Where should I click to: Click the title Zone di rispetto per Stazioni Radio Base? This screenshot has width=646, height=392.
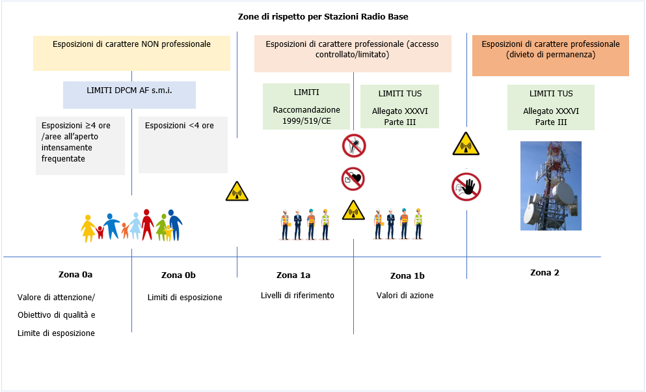(x=323, y=16)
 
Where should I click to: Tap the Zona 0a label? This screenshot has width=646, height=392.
(x=75, y=274)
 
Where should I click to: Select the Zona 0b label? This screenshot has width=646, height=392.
(x=178, y=275)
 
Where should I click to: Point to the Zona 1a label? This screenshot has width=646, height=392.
(x=293, y=275)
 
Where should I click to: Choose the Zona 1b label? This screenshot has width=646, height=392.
(x=407, y=275)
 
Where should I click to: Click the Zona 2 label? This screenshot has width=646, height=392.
(x=545, y=272)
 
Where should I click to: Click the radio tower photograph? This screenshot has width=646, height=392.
(x=551, y=186)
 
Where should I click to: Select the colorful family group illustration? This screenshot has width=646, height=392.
(x=132, y=225)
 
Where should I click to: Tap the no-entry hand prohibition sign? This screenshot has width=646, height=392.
(x=466, y=187)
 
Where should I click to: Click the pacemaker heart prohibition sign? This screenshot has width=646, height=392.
(x=353, y=178)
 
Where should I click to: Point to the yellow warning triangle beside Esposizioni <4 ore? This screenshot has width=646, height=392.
(x=237, y=191)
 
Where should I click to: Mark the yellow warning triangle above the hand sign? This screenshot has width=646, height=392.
(x=466, y=144)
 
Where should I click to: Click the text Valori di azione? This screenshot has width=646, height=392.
(x=405, y=295)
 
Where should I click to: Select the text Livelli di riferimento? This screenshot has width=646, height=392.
(x=297, y=295)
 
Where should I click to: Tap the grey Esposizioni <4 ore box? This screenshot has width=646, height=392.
(x=183, y=145)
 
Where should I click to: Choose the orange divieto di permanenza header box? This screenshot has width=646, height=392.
(x=550, y=56)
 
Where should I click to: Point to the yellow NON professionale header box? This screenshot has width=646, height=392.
(x=131, y=53)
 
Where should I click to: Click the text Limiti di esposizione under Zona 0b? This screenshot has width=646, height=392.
(x=185, y=297)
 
